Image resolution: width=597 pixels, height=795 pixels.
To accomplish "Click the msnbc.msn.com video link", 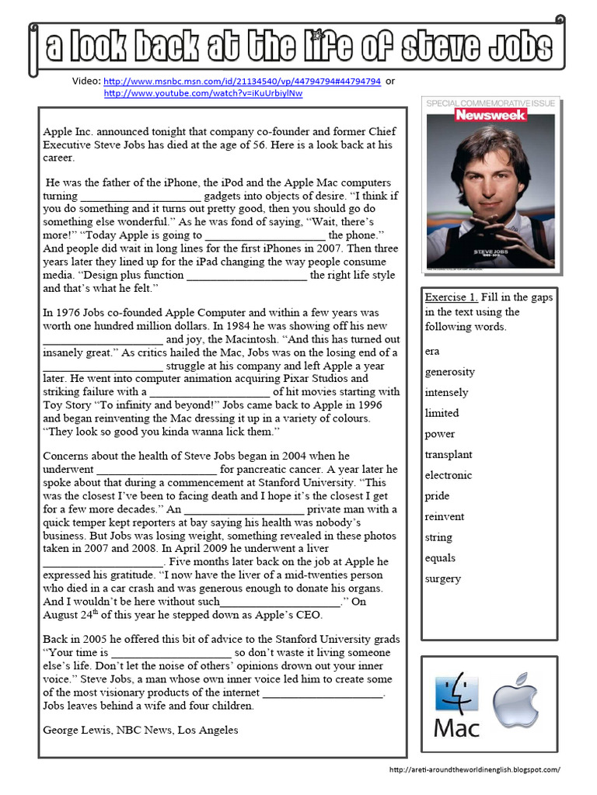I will pyautogui.click(x=241, y=81).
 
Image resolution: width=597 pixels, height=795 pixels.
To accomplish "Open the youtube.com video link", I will pyautogui.click(x=203, y=93).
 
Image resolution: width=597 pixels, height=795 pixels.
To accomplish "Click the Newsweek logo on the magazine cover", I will pyautogui.click(x=491, y=115).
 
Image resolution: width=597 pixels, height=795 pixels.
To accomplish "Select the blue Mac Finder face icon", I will pyautogui.click(x=456, y=694).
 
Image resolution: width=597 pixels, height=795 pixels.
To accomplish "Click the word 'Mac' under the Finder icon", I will pyautogui.click(x=456, y=727).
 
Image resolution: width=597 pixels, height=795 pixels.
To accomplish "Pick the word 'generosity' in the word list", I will pyautogui.click(x=449, y=372).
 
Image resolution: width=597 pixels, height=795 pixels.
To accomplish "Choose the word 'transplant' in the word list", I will pyautogui.click(x=449, y=454).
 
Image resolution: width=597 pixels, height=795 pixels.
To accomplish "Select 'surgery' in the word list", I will pyautogui.click(x=442, y=578).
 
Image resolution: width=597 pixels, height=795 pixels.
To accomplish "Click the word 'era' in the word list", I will pyautogui.click(x=431, y=351).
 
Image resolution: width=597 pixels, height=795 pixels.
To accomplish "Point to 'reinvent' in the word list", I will pyautogui.click(x=444, y=516).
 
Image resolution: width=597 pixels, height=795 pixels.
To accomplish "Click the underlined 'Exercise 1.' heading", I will pyautogui.click(x=451, y=297).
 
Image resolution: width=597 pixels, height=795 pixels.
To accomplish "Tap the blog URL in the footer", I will pyautogui.click(x=474, y=769).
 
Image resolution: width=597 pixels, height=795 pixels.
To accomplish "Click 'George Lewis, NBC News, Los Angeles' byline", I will pyautogui.click(x=140, y=730).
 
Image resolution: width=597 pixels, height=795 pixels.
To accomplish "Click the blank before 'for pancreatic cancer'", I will pyautogui.click(x=155, y=470).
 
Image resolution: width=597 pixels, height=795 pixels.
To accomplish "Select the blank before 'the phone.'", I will pyautogui.click(x=264, y=235).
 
